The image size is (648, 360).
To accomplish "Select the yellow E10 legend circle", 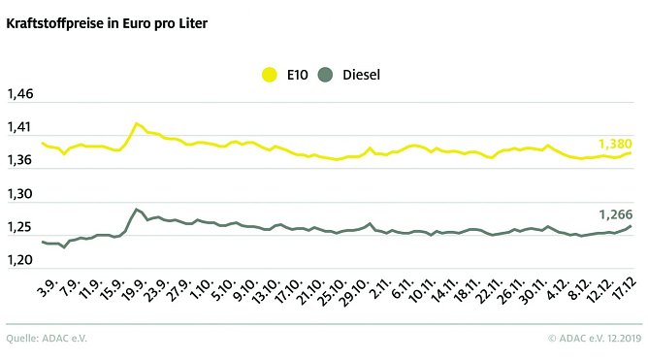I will [x=271, y=74].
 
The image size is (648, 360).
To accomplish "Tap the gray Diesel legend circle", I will [x=326, y=74].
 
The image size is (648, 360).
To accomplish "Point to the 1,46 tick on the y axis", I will [x=20, y=94].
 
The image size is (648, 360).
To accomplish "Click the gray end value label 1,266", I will [x=613, y=214].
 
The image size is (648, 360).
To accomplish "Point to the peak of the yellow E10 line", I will [x=137, y=123].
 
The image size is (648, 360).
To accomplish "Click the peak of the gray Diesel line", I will [x=137, y=209].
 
